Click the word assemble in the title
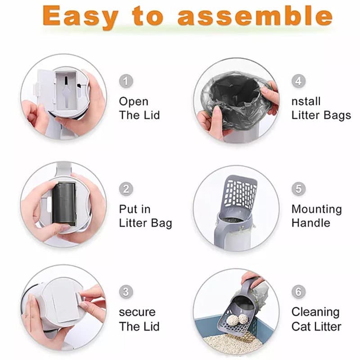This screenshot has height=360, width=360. click(x=255, y=15)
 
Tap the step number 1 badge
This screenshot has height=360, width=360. click(x=126, y=81)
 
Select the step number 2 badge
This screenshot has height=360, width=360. click(x=126, y=189)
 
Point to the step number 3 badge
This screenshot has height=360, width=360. click(x=126, y=292)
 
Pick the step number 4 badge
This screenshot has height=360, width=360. click(x=298, y=81)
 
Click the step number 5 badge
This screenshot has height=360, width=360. click(x=298, y=189)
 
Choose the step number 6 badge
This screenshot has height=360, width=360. click(x=298, y=292)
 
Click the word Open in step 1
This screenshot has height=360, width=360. click(x=134, y=102)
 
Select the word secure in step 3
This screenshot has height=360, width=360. click(x=137, y=312)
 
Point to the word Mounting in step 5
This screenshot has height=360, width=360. click(x=317, y=210)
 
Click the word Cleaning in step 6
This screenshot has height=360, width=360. click(x=315, y=312)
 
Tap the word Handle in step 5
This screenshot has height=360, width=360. click(x=311, y=223)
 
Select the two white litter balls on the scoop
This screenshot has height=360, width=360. click(x=238, y=319)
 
